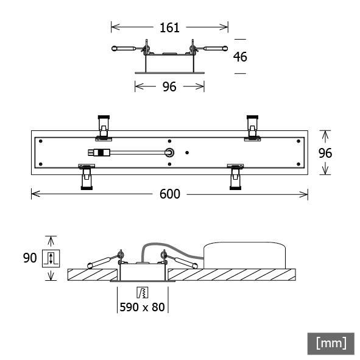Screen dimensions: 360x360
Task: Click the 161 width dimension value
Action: (169, 27)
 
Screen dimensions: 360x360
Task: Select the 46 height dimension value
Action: (240, 57)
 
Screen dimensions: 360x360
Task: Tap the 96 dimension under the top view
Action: (169, 87)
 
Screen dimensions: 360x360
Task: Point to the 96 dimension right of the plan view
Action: (326, 153)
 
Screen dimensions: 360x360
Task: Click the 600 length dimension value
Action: (169, 194)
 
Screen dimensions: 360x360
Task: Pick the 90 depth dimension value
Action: (30, 258)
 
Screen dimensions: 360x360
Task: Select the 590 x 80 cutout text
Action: (143, 307)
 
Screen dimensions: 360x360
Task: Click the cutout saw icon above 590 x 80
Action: (143, 291)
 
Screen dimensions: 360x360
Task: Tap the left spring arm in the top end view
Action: (127, 48)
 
